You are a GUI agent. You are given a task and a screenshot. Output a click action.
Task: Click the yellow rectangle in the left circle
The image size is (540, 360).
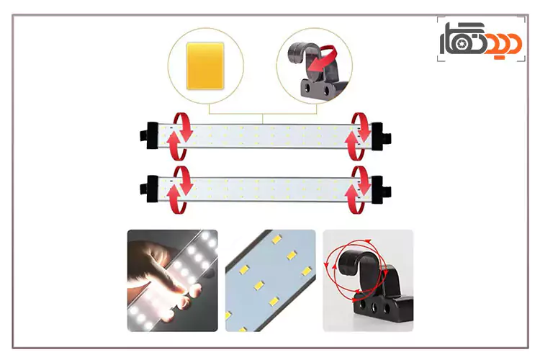tap(205, 66)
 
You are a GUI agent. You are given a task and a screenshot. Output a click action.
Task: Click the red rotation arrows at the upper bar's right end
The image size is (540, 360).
tap(356, 136)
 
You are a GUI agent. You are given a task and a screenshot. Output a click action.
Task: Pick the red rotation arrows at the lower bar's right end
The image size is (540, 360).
tap(356, 190)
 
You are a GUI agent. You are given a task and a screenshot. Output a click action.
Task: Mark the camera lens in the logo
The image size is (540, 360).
tap(462, 43)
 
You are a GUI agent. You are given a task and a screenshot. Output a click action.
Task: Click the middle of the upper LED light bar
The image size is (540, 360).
tap(265, 136)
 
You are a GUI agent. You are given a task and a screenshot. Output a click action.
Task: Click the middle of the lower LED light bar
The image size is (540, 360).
tap(265, 189)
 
